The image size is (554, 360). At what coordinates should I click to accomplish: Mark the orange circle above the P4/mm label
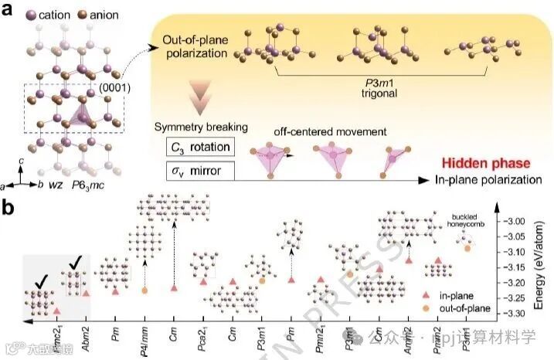pyautogui.click(x=144, y=290)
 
